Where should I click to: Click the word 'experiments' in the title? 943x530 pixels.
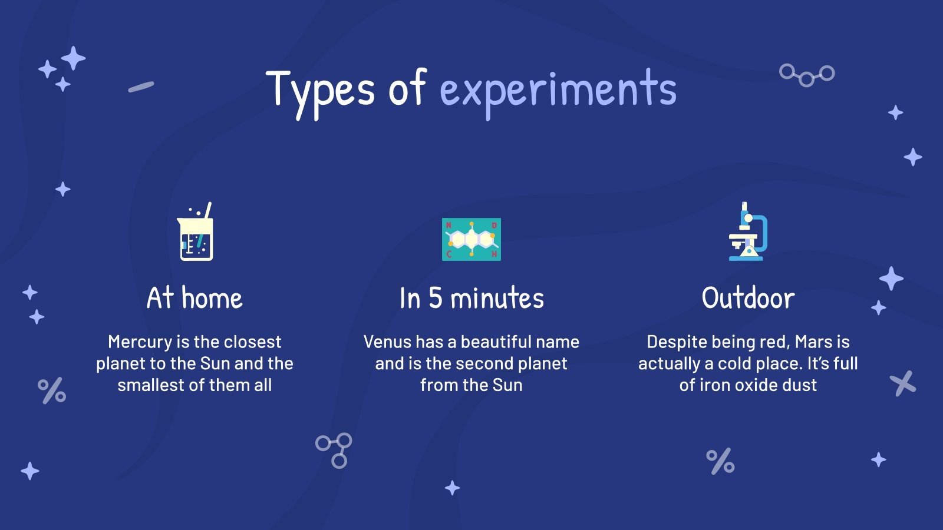(x=558, y=90)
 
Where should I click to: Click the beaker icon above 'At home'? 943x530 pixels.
(x=196, y=233)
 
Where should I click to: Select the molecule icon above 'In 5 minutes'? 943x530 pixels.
(x=471, y=239)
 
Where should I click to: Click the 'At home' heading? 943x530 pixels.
(x=194, y=298)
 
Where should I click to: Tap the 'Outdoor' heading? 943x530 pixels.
(x=748, y=298)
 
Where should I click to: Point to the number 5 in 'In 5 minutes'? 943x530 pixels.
(x=435, y=298)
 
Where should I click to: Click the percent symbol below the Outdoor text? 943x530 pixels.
(x=720, y=461)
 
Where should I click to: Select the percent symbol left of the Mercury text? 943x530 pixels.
(x=52, y=391)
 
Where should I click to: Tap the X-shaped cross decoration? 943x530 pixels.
(x=903, y=383)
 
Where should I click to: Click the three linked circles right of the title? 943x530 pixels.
(x=807, y=75)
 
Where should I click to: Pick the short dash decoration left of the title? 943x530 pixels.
(x=141, y=87)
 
